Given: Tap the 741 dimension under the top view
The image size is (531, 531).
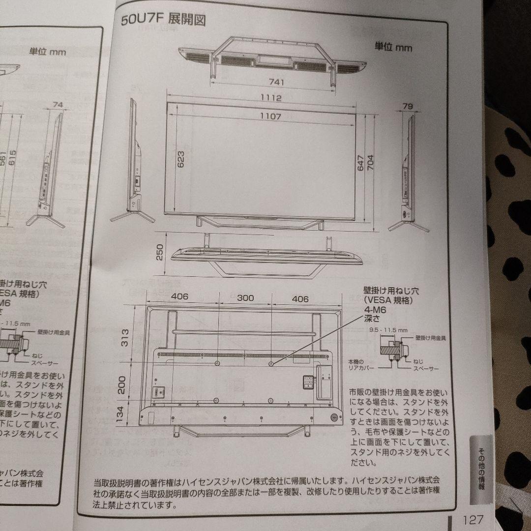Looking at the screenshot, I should point(276,82).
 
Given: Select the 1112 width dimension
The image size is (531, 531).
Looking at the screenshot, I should point(271,98).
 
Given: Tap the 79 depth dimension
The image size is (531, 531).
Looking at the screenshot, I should point(407,106).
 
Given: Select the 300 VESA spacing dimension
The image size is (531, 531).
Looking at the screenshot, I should point(245,298).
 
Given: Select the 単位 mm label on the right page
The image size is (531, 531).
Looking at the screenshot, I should point(393,47).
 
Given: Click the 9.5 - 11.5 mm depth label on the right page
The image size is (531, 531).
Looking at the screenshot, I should point(388,330).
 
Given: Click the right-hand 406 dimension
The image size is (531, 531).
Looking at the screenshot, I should point(300,298).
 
